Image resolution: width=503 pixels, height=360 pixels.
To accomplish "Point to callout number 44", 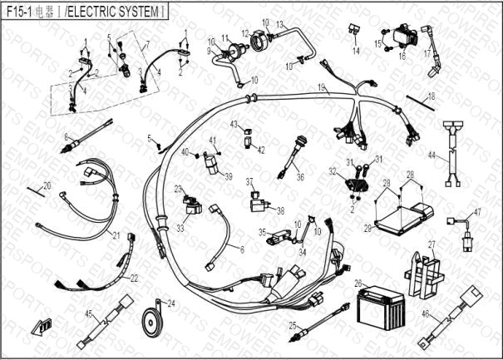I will [x=431, y=155].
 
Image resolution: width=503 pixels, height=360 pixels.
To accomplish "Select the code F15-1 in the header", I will [x=19, y=11].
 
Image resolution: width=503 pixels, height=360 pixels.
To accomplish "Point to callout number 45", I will [x=89, y=313].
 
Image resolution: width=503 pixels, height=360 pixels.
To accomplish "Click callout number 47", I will [x=477, y=214].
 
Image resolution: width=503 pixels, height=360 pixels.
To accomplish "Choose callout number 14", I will [x=355, y=52].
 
